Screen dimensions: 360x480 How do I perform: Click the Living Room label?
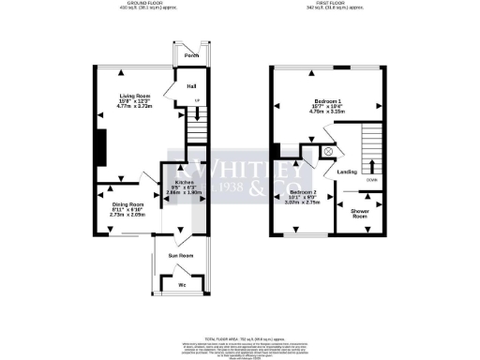pos(131,97)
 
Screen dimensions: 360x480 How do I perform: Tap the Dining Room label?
pos(127,204)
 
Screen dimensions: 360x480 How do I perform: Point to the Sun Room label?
pos(180,254)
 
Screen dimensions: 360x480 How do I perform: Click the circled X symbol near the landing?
pos(328,150)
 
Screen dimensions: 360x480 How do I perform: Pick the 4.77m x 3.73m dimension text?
pos(131,107)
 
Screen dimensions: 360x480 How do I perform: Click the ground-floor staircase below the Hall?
pos(196,127)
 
